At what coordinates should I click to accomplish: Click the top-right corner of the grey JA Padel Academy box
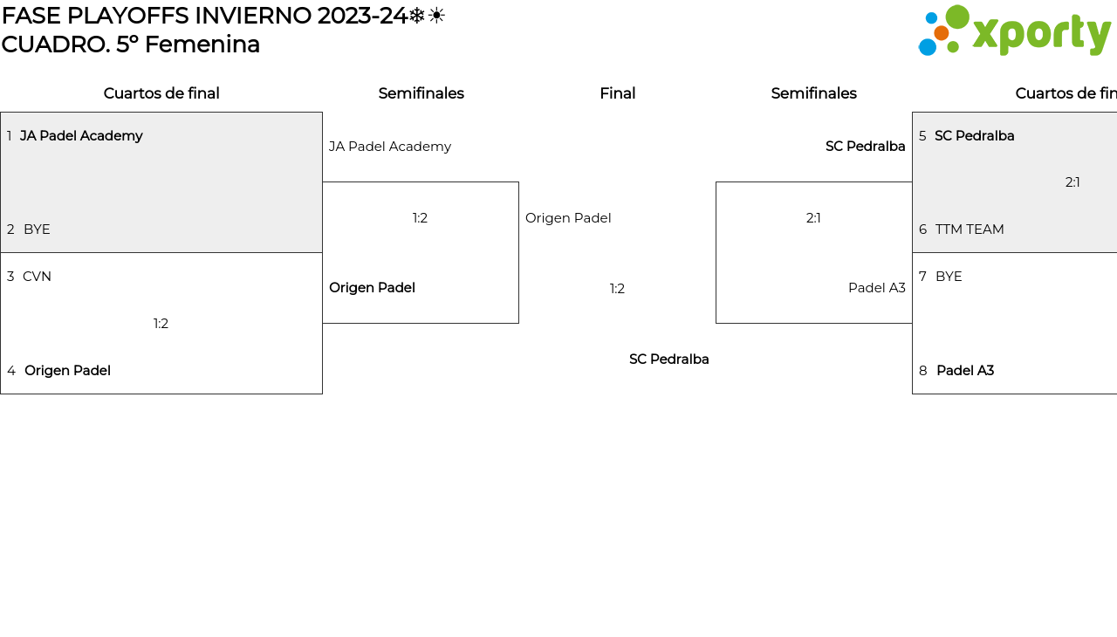322,113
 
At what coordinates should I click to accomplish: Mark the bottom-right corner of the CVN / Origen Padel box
322,394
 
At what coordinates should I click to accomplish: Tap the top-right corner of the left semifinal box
518,182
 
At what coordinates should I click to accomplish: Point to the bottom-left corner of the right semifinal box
716,323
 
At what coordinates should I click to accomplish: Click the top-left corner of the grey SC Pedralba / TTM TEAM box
913,113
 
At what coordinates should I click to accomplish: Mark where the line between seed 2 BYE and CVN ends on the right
322,253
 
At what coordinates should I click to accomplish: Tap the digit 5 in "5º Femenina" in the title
123,45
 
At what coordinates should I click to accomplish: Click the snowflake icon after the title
417,16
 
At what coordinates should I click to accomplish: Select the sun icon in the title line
436,16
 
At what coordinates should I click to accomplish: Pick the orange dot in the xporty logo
941,33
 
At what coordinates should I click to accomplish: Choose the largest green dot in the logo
957,17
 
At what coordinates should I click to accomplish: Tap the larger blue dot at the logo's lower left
928,47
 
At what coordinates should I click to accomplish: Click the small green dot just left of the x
953,47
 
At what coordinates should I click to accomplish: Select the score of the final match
617,289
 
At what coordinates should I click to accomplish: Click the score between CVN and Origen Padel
161,324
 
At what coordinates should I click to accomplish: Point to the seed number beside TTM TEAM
923,229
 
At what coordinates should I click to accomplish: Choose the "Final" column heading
617,93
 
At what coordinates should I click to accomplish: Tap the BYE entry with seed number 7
949,277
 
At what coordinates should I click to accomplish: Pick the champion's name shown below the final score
668,360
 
